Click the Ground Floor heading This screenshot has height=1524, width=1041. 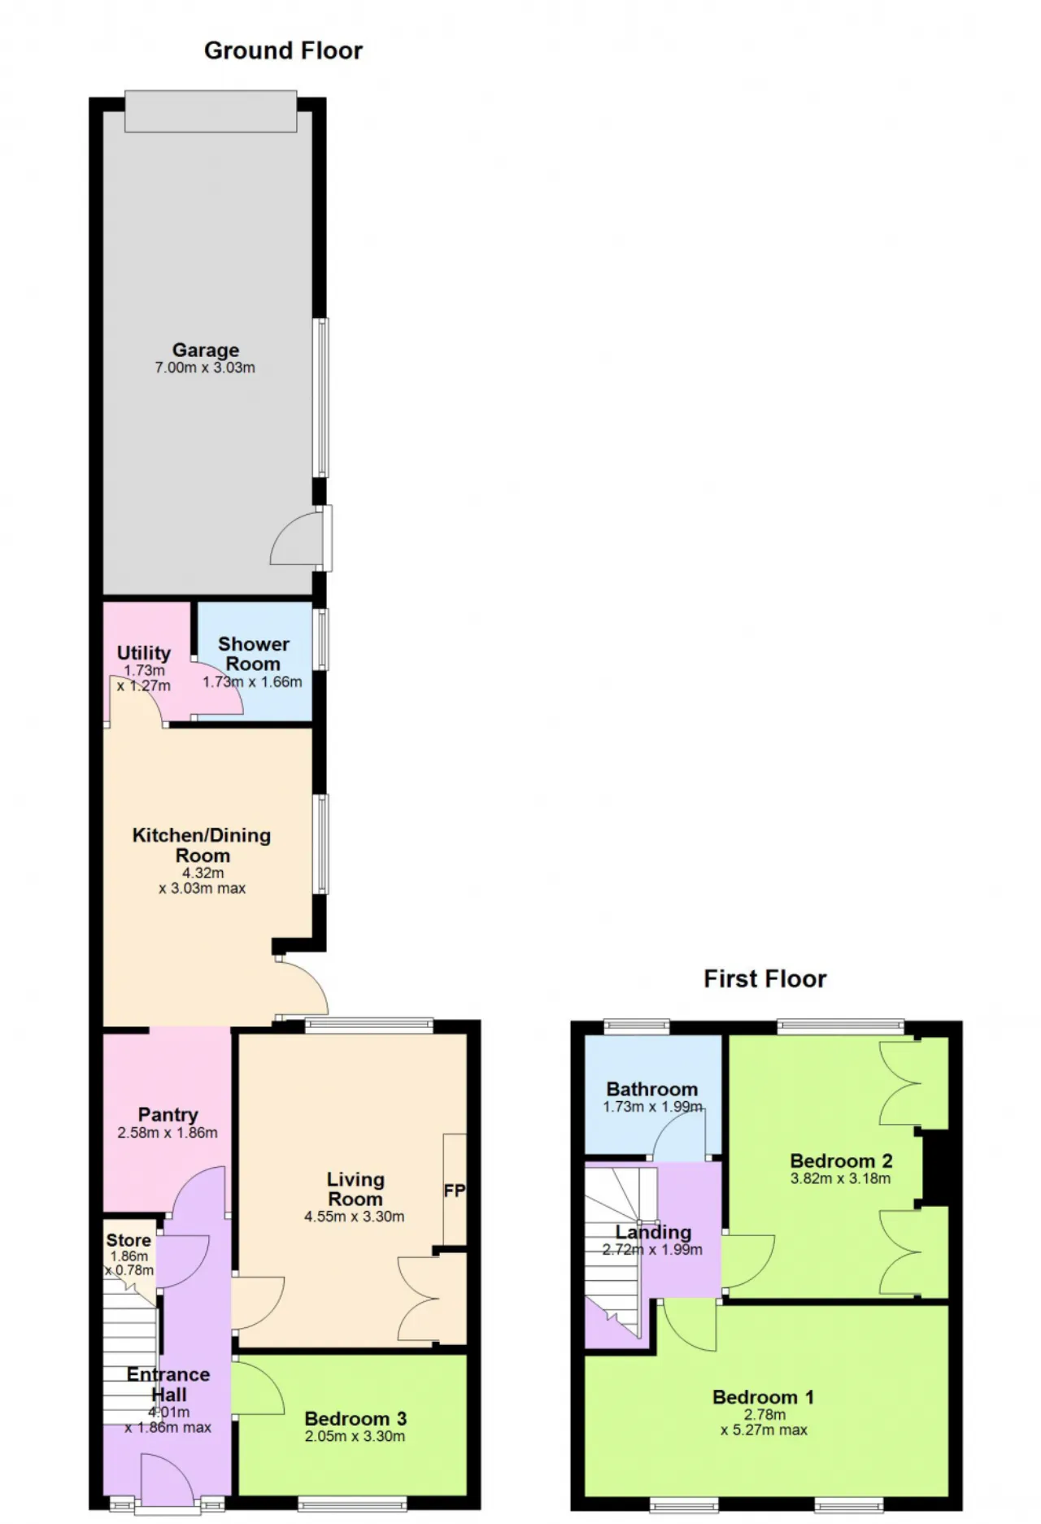pos(283,50)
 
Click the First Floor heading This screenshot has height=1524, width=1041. pos(764,978)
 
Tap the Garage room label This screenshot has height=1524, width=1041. pos(205,350)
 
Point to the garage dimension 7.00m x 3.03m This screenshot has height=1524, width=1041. pos(205,368)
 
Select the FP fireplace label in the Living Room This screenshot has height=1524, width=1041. pos(454,1191)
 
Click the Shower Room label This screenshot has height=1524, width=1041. pos(254,654)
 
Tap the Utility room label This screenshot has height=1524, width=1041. pos(144,653)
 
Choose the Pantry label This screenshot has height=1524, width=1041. pos(168,1114)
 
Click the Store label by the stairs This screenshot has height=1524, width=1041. pos(128,1240)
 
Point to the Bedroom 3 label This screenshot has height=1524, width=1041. pos(355,1418)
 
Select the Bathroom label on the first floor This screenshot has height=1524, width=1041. pos(652,1089)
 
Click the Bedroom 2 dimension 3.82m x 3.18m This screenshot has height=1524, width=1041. pos(841,1178)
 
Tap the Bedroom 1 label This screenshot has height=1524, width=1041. pos(763,1397)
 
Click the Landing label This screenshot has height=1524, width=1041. pos(653,1232)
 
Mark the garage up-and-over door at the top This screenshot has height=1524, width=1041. pos(211,111)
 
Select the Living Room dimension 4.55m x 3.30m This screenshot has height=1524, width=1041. pos(355,1217)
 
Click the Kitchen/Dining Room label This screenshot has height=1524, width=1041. pos(202,845)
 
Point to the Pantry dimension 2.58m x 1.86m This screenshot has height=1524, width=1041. pos(168,1133)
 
